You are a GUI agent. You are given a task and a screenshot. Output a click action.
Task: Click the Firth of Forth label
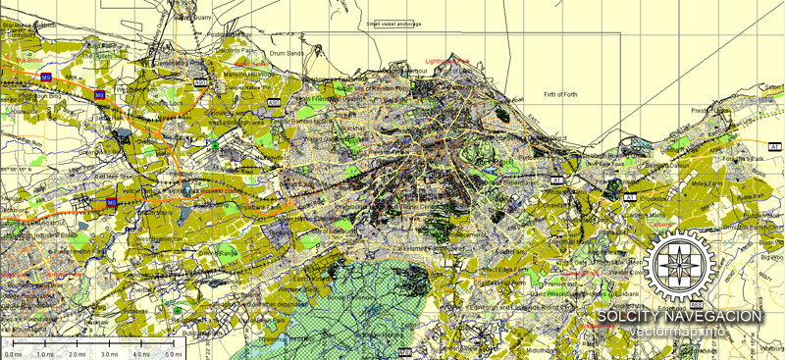tap(563, 94)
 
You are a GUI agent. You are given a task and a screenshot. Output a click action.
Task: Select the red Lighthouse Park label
tap(447, 61)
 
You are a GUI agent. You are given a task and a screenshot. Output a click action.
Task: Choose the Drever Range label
tap(218, 252)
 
